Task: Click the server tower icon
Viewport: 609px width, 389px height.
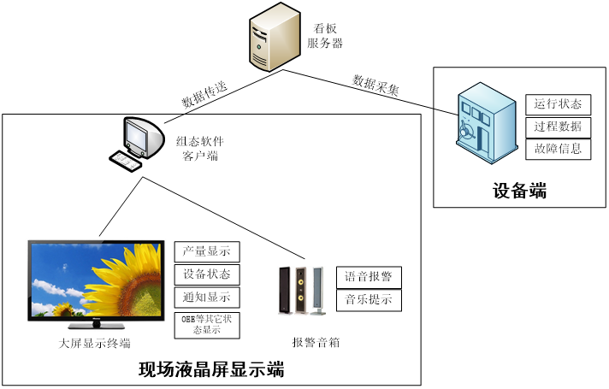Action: click(275, 37)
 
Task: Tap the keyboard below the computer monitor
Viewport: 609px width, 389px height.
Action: click(127, 161)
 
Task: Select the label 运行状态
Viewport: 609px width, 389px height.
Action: click(558, 104)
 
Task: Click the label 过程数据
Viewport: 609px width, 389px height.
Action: click(558, 127)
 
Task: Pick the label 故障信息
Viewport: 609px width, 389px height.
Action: click(558, 149)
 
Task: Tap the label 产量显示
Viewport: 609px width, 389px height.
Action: click(207, 251)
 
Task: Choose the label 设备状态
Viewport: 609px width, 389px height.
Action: click(207, 274)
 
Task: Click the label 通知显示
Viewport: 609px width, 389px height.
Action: click(207, 298)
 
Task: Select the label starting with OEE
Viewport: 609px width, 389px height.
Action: click(207, 325)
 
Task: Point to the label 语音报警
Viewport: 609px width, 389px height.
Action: click(369, 277)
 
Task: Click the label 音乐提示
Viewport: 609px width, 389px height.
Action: click(369, 300)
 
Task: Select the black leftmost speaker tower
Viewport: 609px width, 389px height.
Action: click(285, 291)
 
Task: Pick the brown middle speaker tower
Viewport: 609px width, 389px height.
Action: click(301, 291)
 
